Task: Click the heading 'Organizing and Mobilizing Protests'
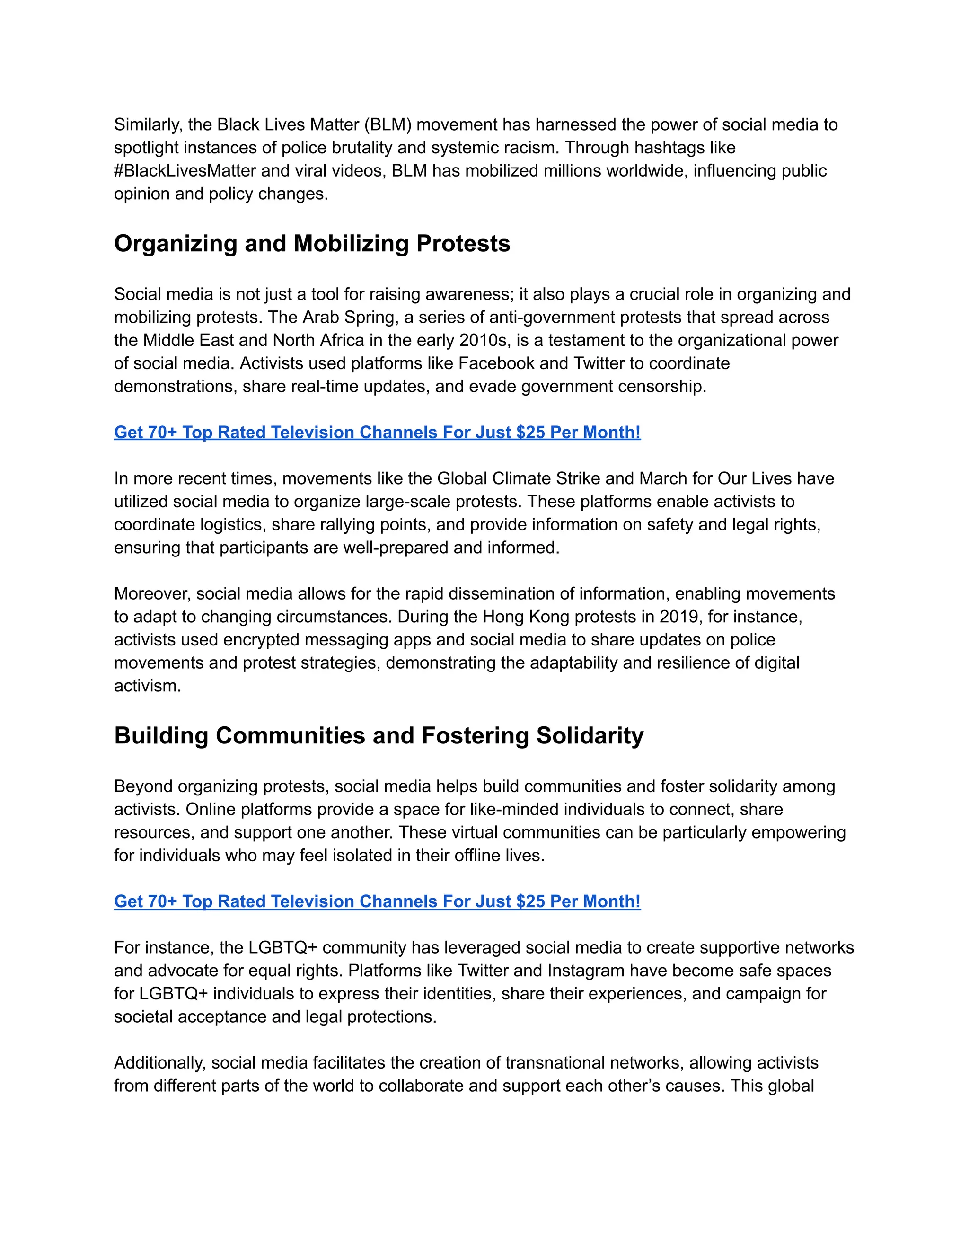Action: (312, 243)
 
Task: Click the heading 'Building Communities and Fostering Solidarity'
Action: (379, 735)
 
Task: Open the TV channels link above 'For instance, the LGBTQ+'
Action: (377, 901)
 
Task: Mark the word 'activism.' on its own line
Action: (148, 686)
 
